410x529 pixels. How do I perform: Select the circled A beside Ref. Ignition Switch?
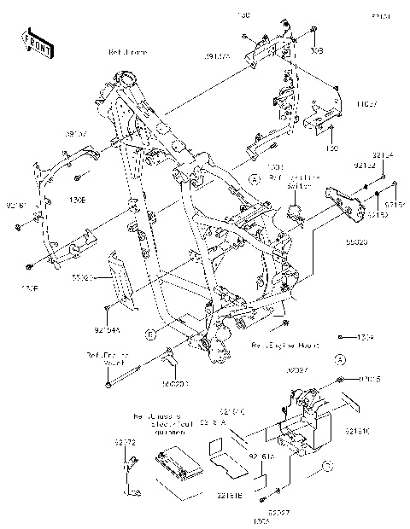point(255,178)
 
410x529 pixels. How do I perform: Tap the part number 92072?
point(125,443)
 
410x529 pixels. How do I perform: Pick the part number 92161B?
point(230,495)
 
